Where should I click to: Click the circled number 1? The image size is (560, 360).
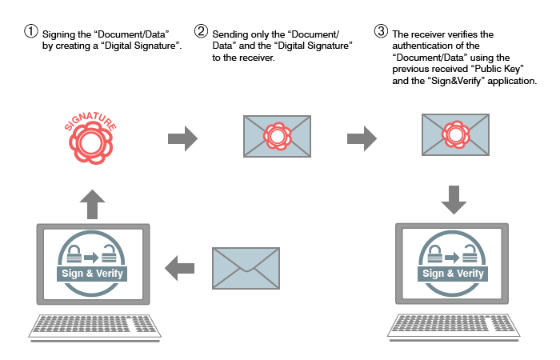31,30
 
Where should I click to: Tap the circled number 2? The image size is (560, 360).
201,30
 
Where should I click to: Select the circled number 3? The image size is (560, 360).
381,30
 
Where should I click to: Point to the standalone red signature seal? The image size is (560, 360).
90,143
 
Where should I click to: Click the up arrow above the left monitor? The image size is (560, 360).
92,204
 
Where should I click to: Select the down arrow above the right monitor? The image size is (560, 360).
454,200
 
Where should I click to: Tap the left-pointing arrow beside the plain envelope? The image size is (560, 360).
180,268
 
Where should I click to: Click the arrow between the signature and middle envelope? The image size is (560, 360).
183,138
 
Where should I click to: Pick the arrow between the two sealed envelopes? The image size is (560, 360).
362,138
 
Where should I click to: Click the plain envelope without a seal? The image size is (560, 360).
246,268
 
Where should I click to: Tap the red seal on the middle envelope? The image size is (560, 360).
277,136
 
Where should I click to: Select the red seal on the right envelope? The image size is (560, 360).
456,134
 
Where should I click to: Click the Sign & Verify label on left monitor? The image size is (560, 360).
92,274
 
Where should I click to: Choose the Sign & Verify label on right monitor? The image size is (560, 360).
453,274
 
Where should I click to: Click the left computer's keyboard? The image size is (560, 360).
94,326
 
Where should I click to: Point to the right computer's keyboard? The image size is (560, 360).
454,326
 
